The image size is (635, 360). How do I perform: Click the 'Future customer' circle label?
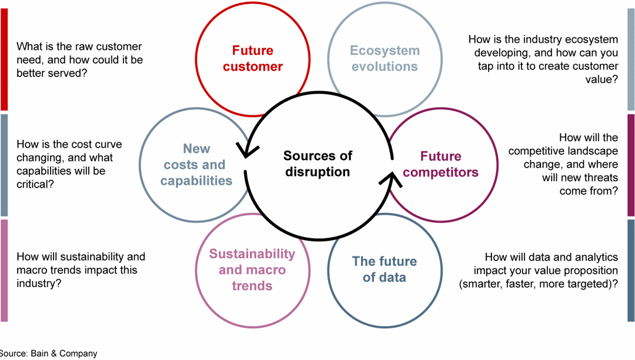click(252, 59)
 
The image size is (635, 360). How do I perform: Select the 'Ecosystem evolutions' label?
click(385, 59)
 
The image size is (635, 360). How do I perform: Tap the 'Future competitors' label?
click(440, 164)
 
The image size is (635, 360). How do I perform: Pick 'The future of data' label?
click(384, 269)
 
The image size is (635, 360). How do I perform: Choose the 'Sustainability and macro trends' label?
click(252, 269)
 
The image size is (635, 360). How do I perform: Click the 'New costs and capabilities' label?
click(196, 165)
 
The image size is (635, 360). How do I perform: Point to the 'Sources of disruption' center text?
click(317, 164)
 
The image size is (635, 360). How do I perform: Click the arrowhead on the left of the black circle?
click(242, 149)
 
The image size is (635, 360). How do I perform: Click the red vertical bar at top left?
click(4, 59)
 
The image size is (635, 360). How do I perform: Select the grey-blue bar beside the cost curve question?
click(4, 165)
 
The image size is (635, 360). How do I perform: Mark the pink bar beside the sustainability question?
click(4, 270)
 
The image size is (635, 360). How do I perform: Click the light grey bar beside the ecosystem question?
click(631, 59)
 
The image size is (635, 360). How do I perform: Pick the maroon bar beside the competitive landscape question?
click(631, 165)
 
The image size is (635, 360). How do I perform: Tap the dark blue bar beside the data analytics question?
click(631, 270)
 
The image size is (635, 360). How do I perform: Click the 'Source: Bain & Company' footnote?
click(48, 354)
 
